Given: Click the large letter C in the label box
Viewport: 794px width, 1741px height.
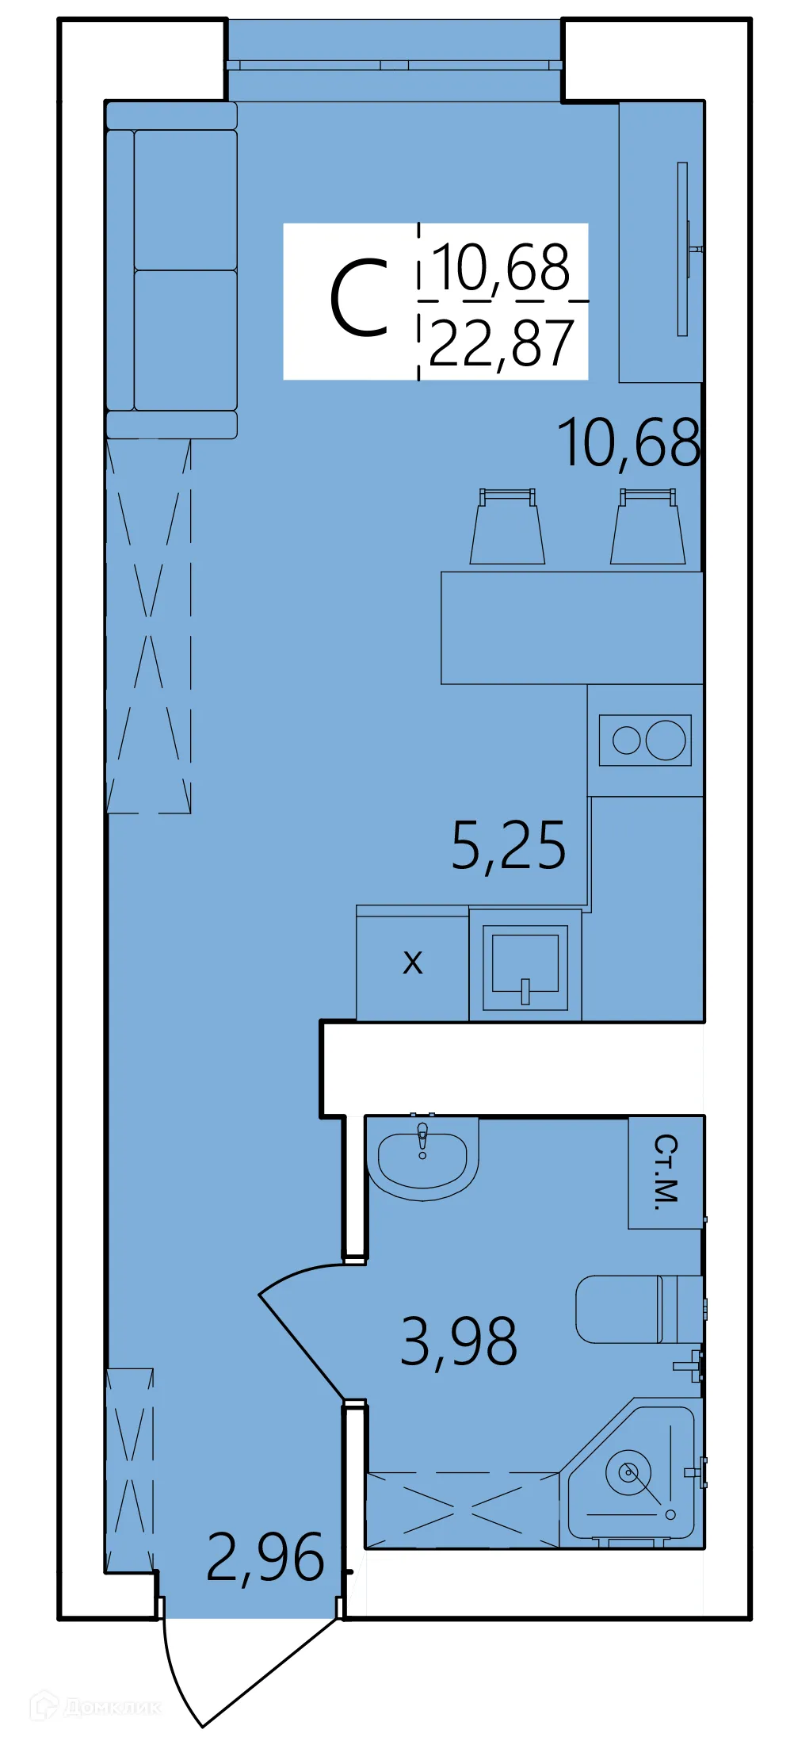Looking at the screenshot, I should [359, 299].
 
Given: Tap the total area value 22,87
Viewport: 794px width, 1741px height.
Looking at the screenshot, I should [501, 344].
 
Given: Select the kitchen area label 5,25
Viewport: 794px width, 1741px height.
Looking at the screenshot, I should [509, 846].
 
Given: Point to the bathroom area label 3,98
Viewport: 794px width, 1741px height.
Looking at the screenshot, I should [459, 1341].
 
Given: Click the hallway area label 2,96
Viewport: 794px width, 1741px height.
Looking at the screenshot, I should [265, 1558].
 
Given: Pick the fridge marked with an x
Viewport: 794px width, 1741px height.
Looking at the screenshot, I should [412, 964].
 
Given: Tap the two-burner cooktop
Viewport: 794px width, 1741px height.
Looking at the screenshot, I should [645, 740].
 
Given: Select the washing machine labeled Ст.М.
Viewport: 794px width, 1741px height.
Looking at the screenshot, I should [666, 1172].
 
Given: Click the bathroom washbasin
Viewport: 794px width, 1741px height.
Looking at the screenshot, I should [422, 1159].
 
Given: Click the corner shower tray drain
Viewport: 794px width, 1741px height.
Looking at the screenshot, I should [629, 1473].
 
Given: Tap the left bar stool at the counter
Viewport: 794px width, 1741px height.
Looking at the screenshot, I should [507, 529].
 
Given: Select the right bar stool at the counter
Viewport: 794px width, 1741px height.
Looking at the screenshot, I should [647, 529].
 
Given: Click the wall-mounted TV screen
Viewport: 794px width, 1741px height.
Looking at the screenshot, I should [682, 249].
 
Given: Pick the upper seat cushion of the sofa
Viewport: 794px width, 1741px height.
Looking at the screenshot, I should [185, 200].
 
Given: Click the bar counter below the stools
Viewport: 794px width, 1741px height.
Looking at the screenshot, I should [571, 628].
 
